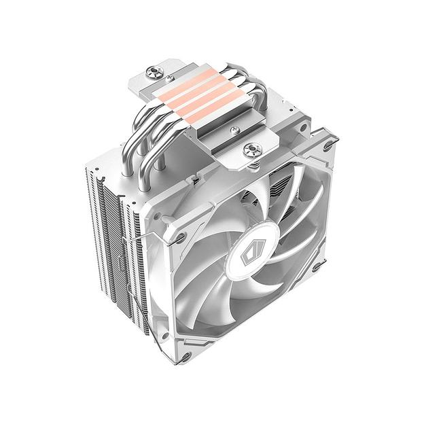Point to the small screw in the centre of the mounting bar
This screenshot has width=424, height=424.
pos(234,129)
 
